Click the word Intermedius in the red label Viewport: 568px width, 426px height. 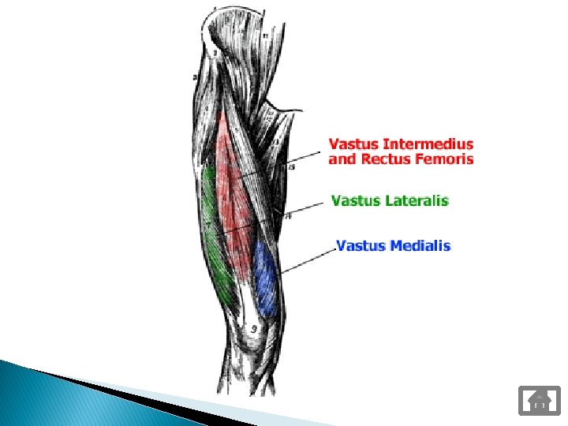[x=428, y=144]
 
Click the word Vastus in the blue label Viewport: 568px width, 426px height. [x=361, y=246]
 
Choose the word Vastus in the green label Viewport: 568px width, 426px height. [x=356, y=200]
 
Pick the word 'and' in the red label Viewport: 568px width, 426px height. [x=342, y=159]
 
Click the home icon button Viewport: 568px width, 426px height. [x=539, y=400]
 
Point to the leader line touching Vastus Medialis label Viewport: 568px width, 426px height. [x=308, y=261]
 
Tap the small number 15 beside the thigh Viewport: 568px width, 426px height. [x=292, y=166]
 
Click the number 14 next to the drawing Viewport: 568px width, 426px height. [x=289, y=215]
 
